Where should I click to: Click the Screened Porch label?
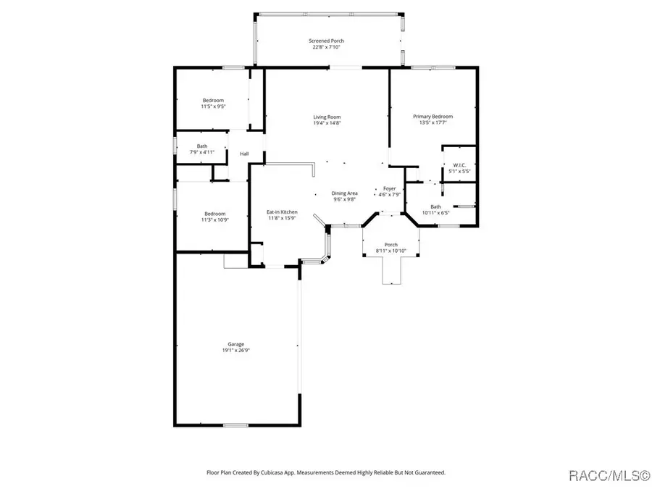[326, 41]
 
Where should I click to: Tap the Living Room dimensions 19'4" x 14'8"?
[327, 123]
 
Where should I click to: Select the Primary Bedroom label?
[433, 117]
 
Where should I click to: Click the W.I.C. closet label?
[459, 165]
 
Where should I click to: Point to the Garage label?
[235, 344]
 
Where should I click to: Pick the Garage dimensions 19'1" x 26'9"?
[235, 350]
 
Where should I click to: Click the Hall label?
[244, 154]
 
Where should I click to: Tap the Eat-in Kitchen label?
[282, 212]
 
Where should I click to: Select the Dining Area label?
[344, 193]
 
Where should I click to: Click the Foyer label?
[390, 188]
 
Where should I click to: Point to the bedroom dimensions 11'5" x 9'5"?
[213, 106]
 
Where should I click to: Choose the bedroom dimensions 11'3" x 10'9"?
[215, 220]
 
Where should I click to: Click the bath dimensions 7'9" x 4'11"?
[202, 152]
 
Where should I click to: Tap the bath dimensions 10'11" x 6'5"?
[436, 213]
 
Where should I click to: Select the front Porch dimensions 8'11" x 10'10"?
[391, 251]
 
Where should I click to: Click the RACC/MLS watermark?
[609, 475]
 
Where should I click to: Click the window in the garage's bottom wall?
[235, 425]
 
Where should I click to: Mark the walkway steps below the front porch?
[392, 270]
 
